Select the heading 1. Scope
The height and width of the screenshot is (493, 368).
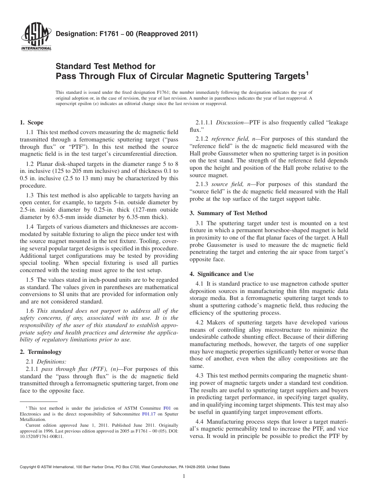click(31, 123)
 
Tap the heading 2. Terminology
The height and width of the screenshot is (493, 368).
click(41, 352)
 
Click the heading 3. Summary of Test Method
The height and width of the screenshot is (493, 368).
click(228, 213)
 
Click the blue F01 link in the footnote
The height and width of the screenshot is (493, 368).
click(167, 408)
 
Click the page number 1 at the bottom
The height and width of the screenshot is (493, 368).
click(184, 477)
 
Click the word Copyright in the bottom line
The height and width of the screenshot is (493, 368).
click(29, 467)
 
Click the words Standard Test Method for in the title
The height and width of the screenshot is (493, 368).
click(106, 66)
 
